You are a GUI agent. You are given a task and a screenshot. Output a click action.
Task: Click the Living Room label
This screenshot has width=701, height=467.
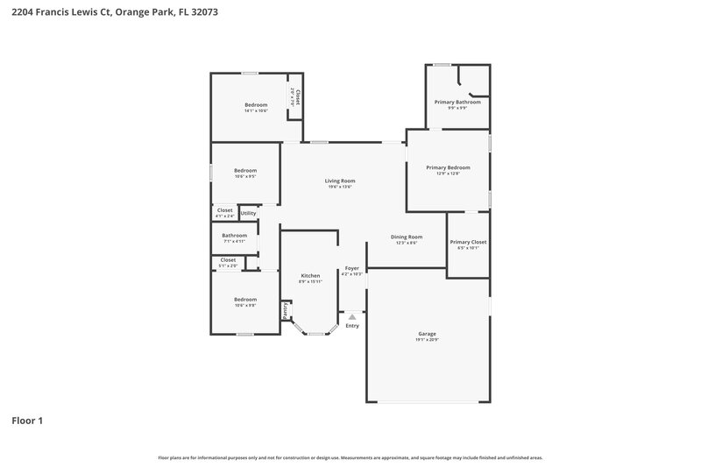[340, 180]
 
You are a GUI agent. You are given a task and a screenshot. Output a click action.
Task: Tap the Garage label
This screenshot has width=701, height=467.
[427, 333]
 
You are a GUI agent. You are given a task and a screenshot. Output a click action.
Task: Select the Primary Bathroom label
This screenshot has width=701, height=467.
[457, 102]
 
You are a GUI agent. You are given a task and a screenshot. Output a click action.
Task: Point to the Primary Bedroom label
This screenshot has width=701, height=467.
[448, 167]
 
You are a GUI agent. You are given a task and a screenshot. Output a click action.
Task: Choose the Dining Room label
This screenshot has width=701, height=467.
[406, 237]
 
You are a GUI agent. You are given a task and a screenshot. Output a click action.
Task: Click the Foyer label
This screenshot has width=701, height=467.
[351, 268]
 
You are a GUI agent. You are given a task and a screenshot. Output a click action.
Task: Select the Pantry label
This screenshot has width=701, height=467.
[285, 310]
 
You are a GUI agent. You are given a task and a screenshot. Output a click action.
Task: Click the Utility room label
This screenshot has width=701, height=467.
[248, 213]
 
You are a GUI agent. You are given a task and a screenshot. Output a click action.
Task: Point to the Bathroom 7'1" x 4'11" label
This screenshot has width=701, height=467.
[234, 235]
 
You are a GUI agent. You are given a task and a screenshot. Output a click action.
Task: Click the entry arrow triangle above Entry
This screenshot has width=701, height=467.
[352, 316]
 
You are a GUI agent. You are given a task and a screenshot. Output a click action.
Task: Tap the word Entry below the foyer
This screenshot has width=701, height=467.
[352, 326]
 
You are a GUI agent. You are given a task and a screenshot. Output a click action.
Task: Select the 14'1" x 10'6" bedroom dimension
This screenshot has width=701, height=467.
[256, 111]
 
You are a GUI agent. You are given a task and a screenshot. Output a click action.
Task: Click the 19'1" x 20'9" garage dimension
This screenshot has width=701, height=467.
[427, 340]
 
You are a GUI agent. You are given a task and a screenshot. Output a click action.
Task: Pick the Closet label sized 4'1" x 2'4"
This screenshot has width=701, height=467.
[225, 209]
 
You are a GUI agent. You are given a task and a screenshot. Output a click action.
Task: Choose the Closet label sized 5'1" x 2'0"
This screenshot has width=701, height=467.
[228, 259]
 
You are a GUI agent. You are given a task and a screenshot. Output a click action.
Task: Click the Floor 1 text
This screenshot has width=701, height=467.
[27, 421]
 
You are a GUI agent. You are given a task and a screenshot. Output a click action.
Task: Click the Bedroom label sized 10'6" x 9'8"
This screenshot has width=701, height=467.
[245, 299]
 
